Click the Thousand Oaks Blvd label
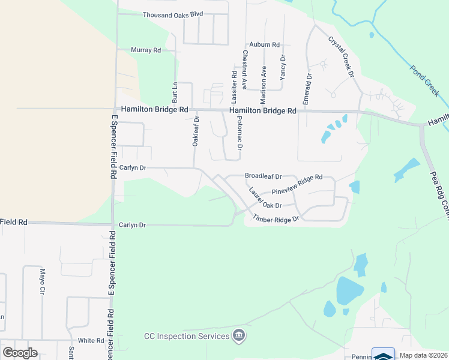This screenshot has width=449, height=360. (173, 14)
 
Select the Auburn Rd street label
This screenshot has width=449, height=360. (265, 45)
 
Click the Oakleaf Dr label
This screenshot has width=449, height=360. (196, 132)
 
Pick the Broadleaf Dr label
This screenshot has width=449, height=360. (263, 176)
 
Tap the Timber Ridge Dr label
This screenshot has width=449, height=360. (276, 219)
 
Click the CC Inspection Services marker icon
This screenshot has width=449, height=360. (239, 335)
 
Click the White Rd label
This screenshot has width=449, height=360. (91, 340)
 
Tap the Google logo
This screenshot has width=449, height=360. (20, 353)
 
